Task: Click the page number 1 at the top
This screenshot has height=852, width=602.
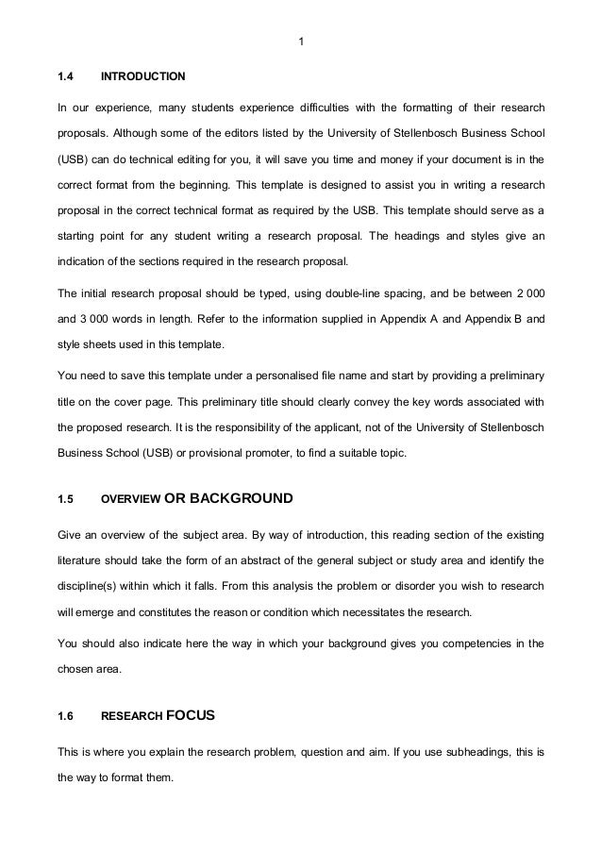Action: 300,41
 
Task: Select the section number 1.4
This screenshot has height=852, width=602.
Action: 65,75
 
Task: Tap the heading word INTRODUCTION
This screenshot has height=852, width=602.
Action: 143,75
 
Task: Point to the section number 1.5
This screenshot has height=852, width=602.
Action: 65,498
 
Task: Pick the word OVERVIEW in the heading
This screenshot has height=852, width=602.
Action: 130,498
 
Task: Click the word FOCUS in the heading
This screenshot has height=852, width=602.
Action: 191,715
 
